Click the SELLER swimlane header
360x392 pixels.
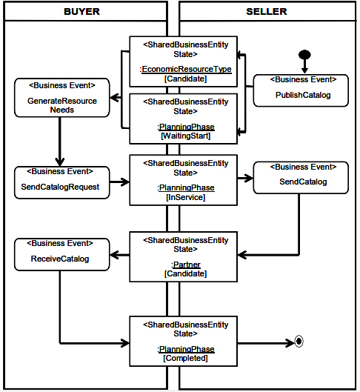(x=267, y=11)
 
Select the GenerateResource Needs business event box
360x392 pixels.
(x=62, y=98)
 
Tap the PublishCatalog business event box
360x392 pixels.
(x=301, y=90)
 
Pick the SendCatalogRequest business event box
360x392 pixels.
(x=62, y=182)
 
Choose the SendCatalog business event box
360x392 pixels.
(x=301, y=178)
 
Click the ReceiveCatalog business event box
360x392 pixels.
(x=62, y=254)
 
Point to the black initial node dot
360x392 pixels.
(x=304, y=54)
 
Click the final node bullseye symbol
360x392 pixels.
(x=299, y=342)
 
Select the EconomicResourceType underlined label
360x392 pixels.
(x=187, y=69)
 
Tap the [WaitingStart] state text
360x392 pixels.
(x=186, y=136)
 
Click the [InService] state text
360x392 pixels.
(x=186, y=197)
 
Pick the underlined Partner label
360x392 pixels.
(x=186, y=265)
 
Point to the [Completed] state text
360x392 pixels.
(x=185, y=358)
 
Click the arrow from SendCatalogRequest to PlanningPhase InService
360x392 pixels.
(x=120, y=182)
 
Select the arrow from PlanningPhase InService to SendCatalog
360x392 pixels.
(x=245, y=179)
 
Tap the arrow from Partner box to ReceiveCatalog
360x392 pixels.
(x=120, y=255)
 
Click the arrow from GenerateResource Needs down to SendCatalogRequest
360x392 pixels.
(x=60, y=142)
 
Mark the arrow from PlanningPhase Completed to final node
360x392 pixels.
(x=266, y=343)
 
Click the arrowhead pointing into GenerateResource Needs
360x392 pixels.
(x=113, y=98)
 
